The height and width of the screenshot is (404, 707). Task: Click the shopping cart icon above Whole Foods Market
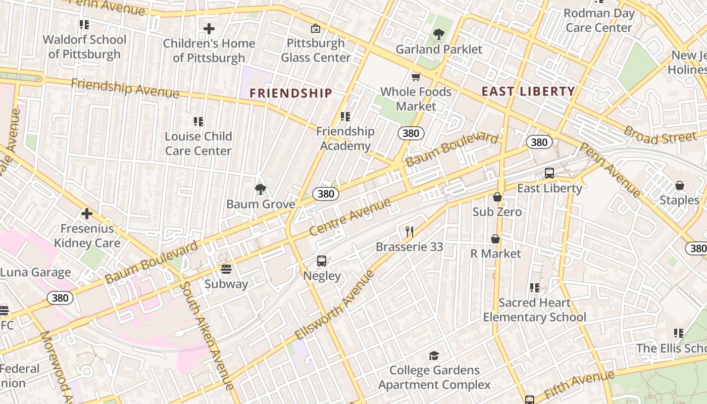(x=416, y=77)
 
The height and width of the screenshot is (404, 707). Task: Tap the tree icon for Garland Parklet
(x=438, y=34)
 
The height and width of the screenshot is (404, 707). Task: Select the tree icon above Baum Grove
(x=261, y=189)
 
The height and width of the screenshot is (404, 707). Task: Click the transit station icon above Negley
(x=322, y=261)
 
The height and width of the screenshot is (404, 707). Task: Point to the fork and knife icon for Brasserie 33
(x=410, y=232)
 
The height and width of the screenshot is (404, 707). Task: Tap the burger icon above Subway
(x=226, y=269)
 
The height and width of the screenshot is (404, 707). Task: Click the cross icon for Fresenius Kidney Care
(x=87, y=214)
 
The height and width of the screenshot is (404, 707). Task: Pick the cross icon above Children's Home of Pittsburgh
(x=209, y=29)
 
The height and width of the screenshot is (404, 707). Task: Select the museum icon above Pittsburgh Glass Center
(x=316, y=28)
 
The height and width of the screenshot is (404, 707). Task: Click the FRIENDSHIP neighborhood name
(x=291, y=93)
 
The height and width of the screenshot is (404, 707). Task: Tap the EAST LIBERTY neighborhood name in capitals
(x=528, y=91)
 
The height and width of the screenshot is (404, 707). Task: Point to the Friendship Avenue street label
(x=125, y=88)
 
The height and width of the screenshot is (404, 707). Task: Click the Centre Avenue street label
(x=350, y=217)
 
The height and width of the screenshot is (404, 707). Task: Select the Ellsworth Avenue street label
(x=335, y=305)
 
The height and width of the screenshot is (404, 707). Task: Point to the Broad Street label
(x=660, y=134)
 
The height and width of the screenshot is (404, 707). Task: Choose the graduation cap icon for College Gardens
(x=434, y=356)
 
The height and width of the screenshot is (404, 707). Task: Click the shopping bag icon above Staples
(x=680, y=185)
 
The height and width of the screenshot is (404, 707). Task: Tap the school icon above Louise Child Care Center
(x=198, y=122)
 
